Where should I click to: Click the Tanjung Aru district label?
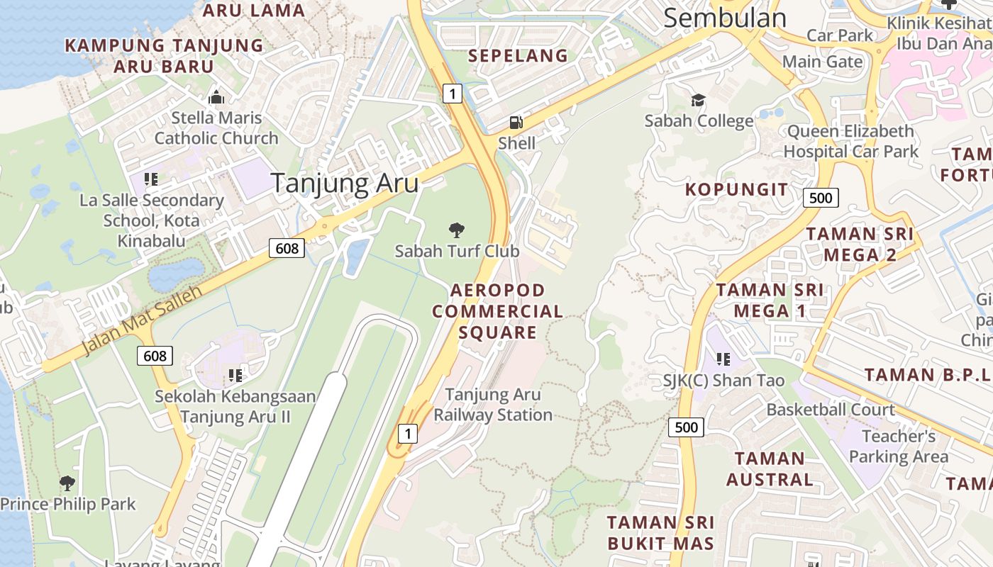coord(345,184)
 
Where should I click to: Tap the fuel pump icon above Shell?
coord(516,123)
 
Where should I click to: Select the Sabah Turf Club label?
coord(457,251)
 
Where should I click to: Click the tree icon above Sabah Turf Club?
coord(457,230)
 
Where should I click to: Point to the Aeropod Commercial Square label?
coord(497,311)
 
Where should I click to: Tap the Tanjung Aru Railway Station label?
coord(493,405)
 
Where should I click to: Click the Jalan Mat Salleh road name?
coord(142,320)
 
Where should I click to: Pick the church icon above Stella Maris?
coord(216,97)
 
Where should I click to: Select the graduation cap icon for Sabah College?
coord(699,100)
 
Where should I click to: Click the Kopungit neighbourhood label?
coord(736,190)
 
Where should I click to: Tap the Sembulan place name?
coord(725,18)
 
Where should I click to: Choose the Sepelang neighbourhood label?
coord(518,55)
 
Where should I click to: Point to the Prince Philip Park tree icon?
coord(67,483)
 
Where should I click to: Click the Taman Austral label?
coord(770,469)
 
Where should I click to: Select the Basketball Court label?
coord(831,410)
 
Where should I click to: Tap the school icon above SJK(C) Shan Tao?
coord(723,359)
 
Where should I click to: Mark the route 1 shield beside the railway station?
coord(407,433)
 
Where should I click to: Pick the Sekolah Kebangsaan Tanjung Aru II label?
coord(235,406)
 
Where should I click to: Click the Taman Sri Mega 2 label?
coord(860,244)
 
